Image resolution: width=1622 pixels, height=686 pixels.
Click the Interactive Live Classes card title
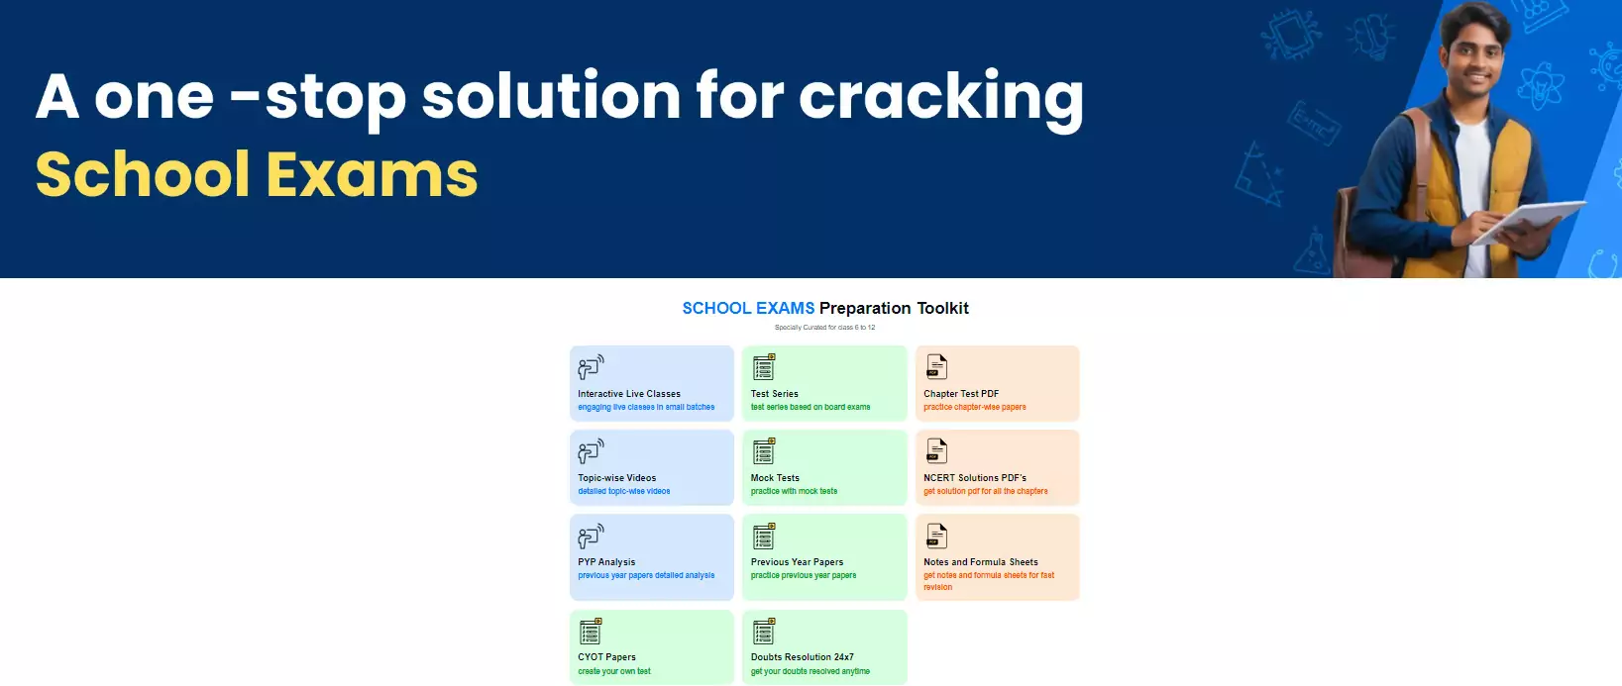click(x=628, y=394)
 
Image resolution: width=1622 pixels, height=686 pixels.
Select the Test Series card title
click(x=774, y=394)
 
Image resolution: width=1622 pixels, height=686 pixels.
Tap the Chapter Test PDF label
click(x=961, y=394)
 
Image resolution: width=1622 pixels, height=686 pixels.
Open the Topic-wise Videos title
click(x=617, y=477)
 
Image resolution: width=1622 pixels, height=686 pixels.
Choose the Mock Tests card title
click(x=775, y=477)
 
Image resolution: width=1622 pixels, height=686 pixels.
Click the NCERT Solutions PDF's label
click(x=975, y=477)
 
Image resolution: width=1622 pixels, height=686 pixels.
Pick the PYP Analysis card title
click(x=606, y=561)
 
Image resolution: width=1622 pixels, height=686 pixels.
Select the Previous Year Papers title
click(x=797, y=561)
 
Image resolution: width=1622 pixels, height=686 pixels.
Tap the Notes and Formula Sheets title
click(x=981, y=561)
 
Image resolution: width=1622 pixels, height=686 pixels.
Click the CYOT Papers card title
click(x=606, y=657)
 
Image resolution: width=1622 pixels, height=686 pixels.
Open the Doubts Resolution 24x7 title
click(x=802, y=657)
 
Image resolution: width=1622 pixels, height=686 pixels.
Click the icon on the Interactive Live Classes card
click(x=591, y=367)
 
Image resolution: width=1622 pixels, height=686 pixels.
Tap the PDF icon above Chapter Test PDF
click(x=936, y=367)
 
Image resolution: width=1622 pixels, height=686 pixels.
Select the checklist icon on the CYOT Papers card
click(x=591, y=631)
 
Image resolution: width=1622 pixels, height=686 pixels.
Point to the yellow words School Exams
click(x=257, y=174)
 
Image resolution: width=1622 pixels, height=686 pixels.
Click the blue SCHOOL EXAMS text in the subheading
click(x=748, y=308)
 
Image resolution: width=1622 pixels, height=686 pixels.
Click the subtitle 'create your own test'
click(x=614, y=671)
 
